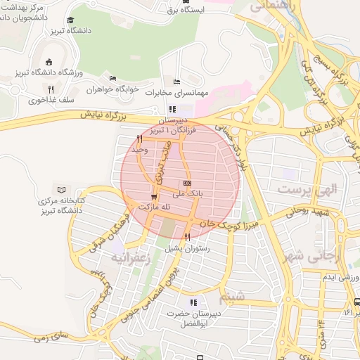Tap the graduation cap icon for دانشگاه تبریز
pos(70,21)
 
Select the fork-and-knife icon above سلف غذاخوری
pos(51,89)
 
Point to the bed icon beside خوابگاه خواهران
pos(112,77)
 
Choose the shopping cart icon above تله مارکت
pos(154,196)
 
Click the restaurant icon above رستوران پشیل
pos(187,238)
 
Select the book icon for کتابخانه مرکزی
pos(61,190)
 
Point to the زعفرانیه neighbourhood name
pos(128,257)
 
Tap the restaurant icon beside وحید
pos(139,139)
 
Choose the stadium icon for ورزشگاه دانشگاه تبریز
pos(48,62)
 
